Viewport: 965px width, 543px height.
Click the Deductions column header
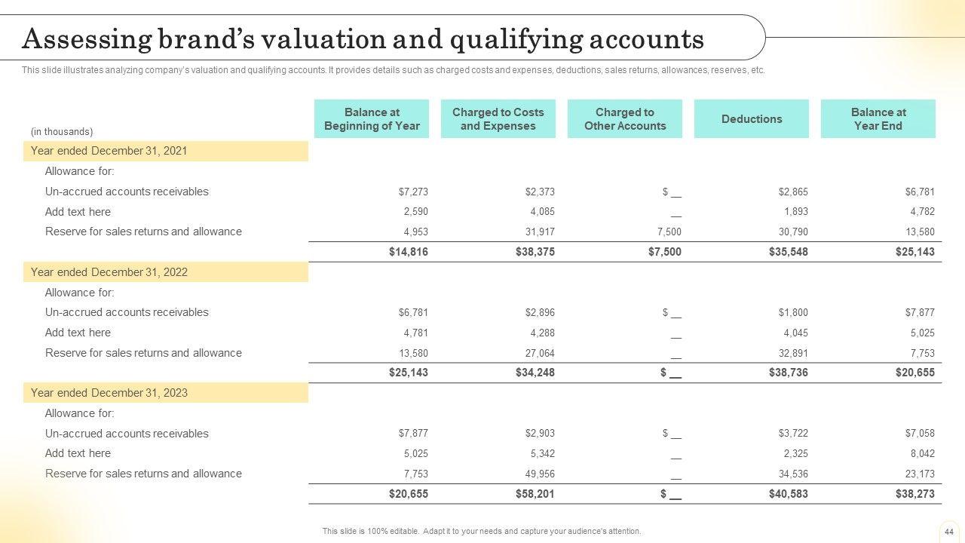752,119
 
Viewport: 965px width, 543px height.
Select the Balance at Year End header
878,119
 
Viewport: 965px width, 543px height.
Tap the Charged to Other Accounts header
625,119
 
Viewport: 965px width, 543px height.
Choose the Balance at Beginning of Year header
372,119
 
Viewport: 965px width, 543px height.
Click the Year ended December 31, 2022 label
109,272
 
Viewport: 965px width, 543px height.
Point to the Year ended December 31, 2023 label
109,393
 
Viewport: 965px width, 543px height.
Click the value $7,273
413,192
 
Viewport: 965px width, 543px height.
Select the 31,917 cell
540,232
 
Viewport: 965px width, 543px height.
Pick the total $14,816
408,252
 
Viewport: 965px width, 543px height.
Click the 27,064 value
540,353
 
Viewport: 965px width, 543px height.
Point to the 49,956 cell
540,474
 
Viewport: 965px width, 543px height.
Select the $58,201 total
535,494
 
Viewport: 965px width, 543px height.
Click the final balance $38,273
914,494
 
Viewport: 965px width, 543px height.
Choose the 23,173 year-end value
920,474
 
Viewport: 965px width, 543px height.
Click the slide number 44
949,531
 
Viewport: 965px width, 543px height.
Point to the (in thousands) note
62,131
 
